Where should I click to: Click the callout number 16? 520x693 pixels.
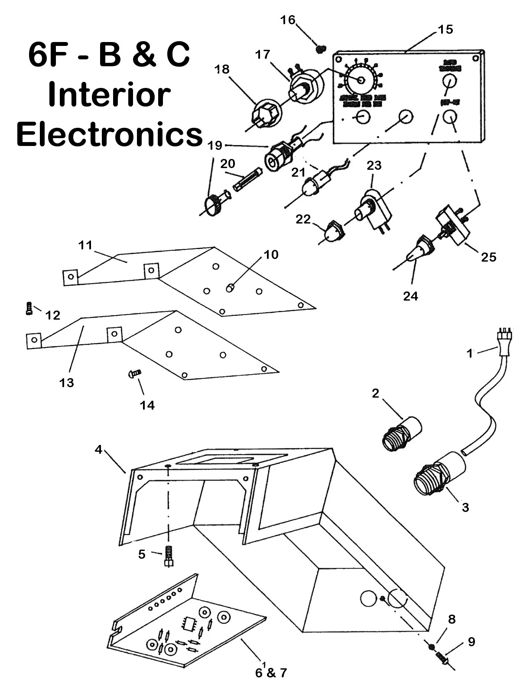287,20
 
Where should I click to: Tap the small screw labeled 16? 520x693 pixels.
321,49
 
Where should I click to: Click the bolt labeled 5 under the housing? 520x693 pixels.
169,556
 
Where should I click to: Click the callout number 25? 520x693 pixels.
488,257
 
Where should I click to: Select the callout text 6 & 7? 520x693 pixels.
271,673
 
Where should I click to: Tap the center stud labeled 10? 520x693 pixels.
231,287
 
